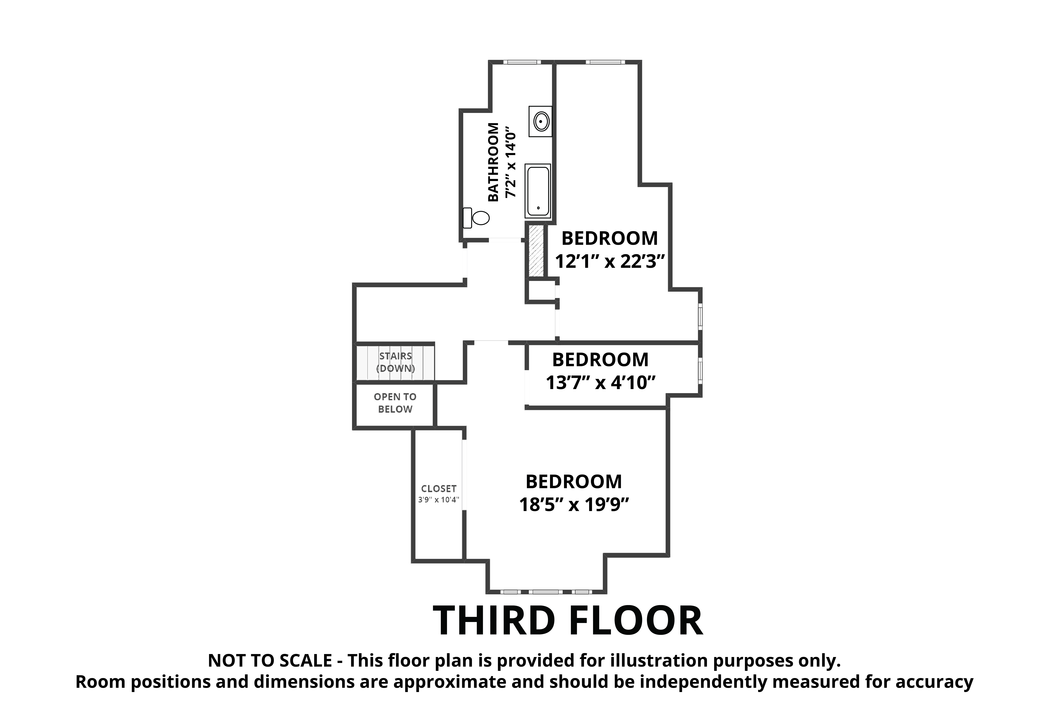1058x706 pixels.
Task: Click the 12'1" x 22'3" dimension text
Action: point(610,262)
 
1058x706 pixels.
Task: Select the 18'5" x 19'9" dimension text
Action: point(574,505)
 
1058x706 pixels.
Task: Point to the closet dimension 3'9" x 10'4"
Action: point(439,500)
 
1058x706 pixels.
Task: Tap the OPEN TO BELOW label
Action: point(395,403)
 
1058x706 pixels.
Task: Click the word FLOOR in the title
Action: point(636,621)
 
